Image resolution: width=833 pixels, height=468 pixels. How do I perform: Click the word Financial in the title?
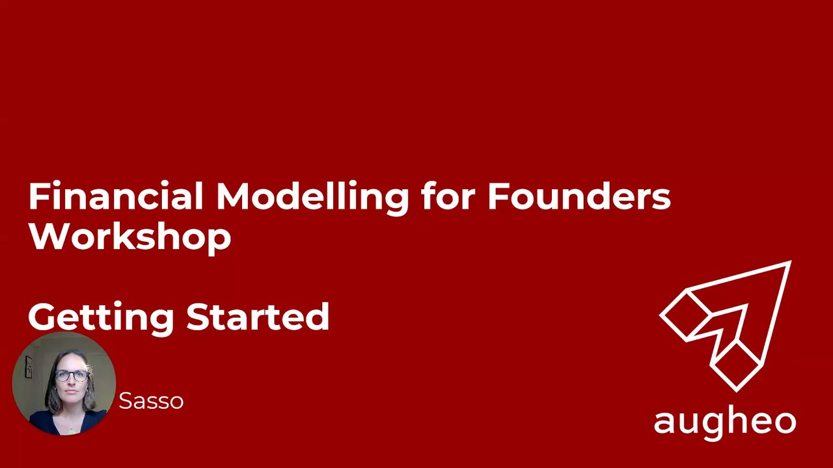point(116,196)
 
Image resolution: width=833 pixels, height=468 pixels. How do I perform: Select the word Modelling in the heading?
point(312,198)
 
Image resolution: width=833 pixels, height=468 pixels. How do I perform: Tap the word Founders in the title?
point(579,196)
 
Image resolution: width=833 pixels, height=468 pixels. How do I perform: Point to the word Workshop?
point(130,239)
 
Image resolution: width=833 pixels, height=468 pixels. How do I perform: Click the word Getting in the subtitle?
point(101,318)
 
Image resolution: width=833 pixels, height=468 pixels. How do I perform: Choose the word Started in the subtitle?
point(258,316)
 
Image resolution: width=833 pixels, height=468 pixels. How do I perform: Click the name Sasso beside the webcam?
point(151,401)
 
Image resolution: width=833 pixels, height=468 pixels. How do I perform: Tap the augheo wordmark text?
point(725,424)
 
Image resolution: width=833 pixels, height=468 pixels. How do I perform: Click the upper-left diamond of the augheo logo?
point(684,316)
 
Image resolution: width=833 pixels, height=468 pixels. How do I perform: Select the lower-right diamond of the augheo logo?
point(736,367)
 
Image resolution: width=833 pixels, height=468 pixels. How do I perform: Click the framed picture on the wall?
point(29,367)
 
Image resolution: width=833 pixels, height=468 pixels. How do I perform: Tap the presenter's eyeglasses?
point(72,376)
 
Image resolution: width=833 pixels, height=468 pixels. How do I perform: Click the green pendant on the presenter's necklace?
point(72,432)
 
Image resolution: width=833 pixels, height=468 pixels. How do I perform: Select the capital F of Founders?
point(498,196)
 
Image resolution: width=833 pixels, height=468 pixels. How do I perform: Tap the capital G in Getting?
point(43,317)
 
